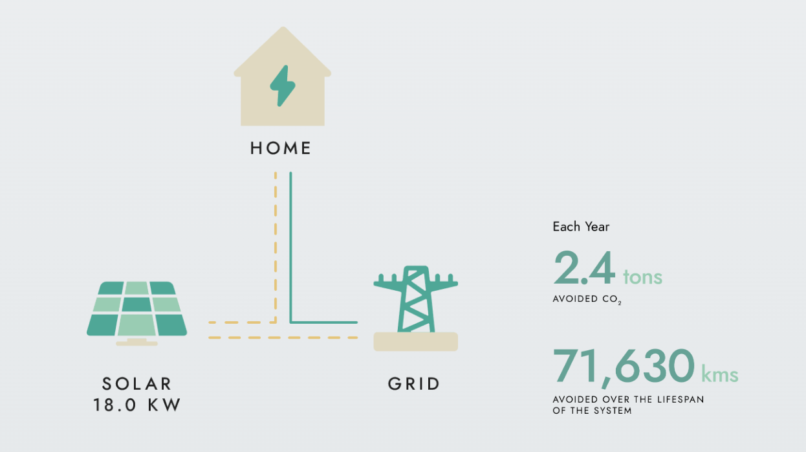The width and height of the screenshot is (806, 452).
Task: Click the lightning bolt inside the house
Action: point(283,85)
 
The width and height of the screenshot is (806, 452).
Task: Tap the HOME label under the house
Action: point(281,148)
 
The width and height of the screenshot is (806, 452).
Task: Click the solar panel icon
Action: point(136,313)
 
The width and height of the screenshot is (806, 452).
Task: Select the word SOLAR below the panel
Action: point(136,383)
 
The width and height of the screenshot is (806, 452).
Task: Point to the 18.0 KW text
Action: point(136,405)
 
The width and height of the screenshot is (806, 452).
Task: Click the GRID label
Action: point(414,383)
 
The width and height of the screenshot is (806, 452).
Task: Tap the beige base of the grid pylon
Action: point(415,341)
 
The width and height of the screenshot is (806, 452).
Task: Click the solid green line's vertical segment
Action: point(290,247)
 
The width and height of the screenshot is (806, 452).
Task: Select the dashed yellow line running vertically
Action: point(276,247)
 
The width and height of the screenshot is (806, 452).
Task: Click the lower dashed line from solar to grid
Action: point(283,338)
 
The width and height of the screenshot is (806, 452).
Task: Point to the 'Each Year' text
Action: point(581,227)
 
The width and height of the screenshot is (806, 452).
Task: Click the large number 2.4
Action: point(584,268)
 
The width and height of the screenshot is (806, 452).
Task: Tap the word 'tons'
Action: point(642,277)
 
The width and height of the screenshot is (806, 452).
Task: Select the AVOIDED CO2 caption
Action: point(587,299)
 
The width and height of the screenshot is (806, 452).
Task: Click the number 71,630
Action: point(624,367)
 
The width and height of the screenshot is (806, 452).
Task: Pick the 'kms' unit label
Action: point(719,374)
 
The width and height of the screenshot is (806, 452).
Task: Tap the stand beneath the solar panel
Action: point(136,342)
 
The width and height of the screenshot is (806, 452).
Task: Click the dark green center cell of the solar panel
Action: point(136,304)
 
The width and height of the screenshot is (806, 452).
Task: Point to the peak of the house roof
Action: point(283,27)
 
